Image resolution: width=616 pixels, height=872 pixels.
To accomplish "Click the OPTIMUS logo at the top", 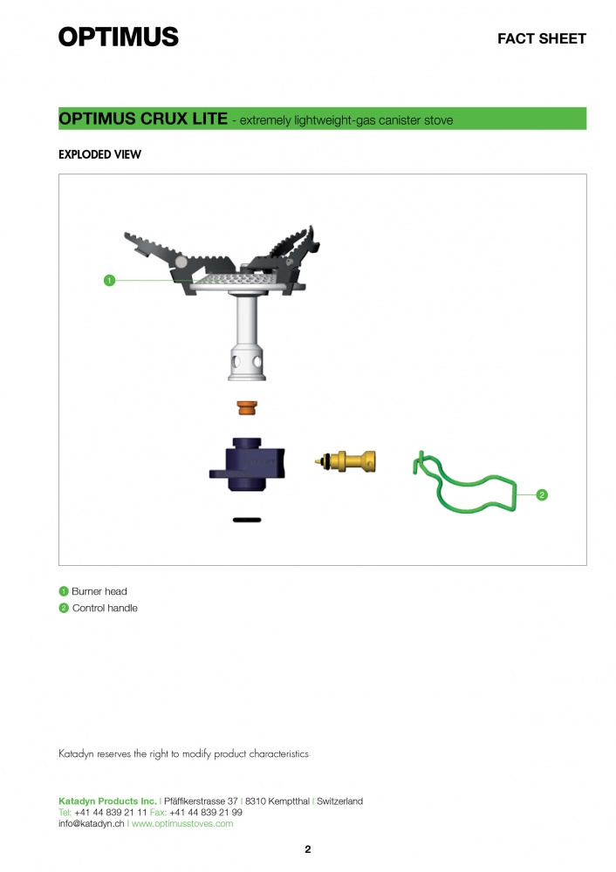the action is coord(118,37).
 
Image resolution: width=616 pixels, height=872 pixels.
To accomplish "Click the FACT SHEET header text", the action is coord(542,38).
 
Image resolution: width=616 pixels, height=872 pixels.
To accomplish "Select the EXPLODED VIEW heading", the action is coord(99,154).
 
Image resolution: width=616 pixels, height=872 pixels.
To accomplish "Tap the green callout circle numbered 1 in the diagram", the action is coord(110,280).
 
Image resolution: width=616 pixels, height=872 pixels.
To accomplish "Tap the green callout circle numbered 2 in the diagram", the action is coord(542,494).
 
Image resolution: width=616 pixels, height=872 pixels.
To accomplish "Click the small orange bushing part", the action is coord(247,407).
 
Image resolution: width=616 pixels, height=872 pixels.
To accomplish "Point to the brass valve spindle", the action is coord(345,461).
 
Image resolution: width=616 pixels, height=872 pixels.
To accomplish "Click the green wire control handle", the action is coord(465,482).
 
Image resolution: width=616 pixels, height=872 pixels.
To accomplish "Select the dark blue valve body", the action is coord(247,465).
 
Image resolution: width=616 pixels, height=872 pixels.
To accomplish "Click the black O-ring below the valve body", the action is coord(247,520).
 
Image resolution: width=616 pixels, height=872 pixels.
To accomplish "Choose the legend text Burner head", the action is coord(99,591).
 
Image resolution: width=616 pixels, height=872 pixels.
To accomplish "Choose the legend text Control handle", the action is coord(105,608).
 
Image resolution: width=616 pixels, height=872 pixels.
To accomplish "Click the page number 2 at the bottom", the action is coord(308,849).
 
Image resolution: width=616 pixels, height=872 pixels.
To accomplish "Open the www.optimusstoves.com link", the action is coord(182,824).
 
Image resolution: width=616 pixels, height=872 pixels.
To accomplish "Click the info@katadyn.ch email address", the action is coord(92,824).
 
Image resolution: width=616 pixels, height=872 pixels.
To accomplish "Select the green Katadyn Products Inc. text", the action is coord(107,800).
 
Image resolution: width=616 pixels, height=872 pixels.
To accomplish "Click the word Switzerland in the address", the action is coord(339,800).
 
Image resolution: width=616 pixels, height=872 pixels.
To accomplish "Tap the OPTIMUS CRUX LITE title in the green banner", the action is coord(143,119).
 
